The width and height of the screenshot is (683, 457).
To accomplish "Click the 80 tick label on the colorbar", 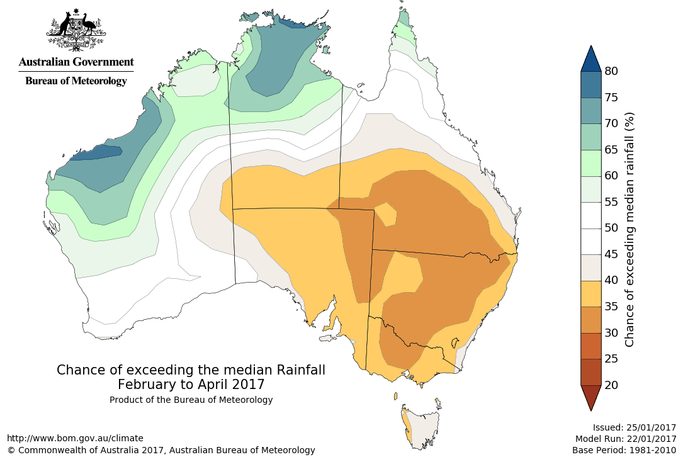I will click(611, 71).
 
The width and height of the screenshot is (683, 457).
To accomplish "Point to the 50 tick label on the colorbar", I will click(611, 228).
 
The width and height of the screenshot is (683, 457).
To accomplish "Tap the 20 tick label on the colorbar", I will click(611, 385).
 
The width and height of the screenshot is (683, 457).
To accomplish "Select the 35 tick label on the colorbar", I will click(611, 307).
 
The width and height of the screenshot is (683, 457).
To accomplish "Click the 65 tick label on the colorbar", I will click(611, 150).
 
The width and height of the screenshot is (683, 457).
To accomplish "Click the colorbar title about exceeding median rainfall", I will click(629, 229).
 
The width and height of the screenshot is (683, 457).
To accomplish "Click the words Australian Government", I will click(76, 62).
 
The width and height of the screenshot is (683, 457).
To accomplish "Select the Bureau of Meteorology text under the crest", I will click(76, 81).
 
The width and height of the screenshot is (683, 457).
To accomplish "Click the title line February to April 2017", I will click(191, 384).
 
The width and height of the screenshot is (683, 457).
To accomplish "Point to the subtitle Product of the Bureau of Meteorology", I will click(191, 400).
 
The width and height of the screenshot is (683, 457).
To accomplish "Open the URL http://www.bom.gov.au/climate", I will click(75, 438).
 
